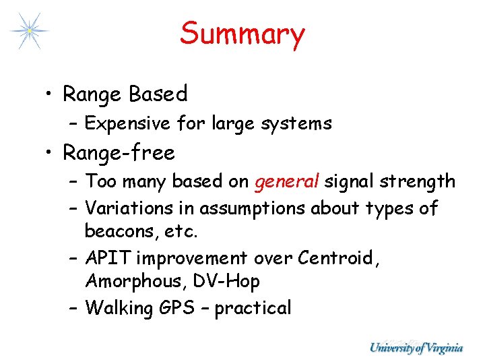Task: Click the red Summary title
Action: pyautogui.click(x=242, y=34)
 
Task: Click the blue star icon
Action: pyautogui.click(x=29, y=30)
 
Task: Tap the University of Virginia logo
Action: pyautogui.click(x=416, y=348)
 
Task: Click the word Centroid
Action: pyautogui.click(x=338, y=258)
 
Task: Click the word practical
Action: pyautogui.click(x=253, y=309)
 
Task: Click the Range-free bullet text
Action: pyautogui.click(x=119, y=153)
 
